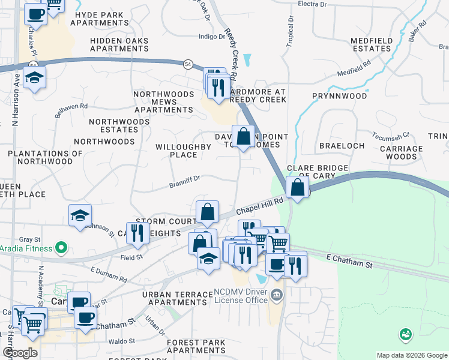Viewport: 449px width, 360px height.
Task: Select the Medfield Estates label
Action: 371,44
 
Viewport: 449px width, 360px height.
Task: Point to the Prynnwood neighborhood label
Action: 339,95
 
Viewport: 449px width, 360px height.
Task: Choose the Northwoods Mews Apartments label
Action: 163,102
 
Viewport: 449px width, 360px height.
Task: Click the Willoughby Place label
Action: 176,151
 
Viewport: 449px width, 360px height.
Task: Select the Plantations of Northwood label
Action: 45,157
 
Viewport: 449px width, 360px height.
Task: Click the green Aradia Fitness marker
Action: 61,247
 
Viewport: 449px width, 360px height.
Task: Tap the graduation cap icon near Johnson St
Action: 79,215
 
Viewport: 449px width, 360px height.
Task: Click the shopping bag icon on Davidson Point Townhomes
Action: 243,136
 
